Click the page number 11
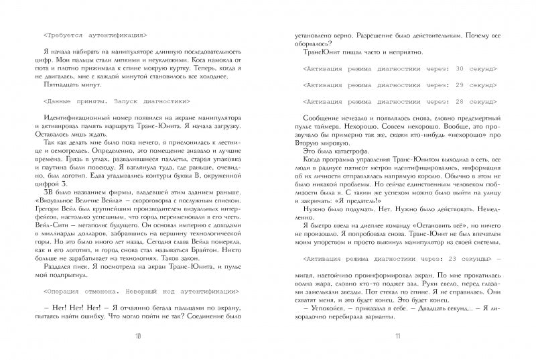coord(397,336)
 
